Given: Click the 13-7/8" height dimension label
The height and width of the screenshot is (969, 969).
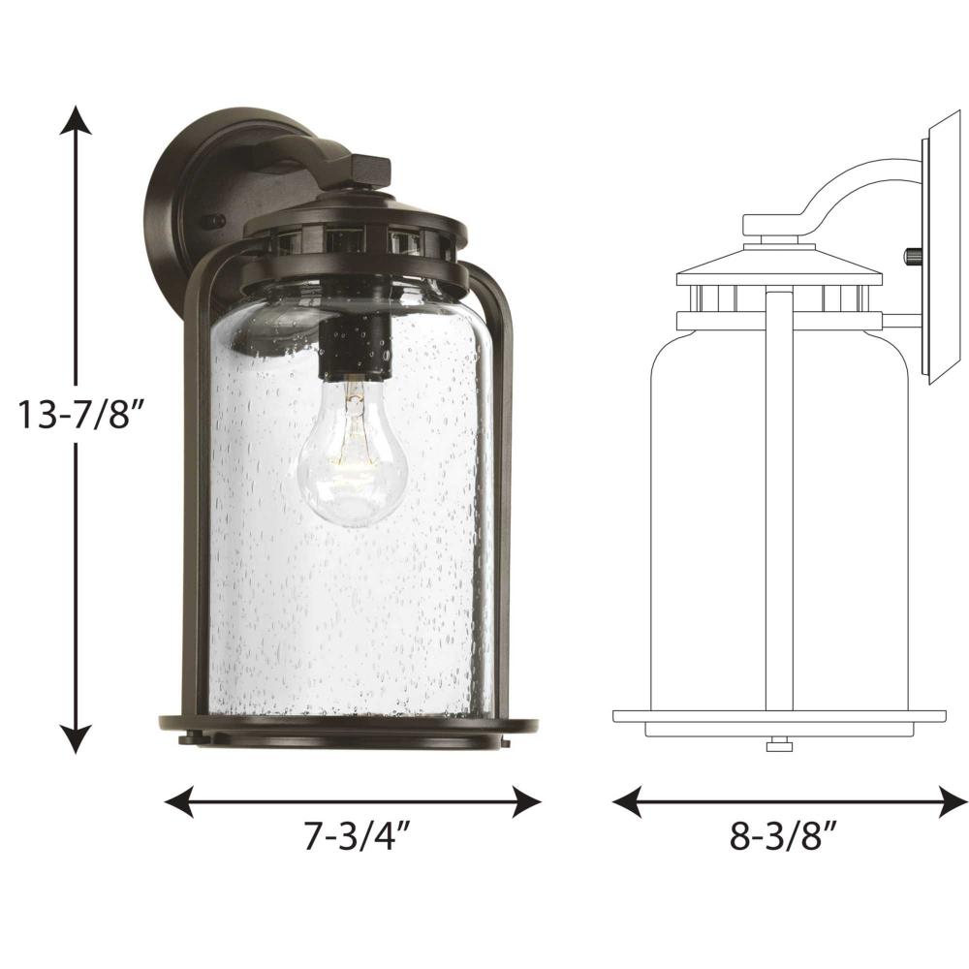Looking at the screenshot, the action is point(80,414).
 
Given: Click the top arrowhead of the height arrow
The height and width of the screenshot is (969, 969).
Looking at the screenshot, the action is point(76,119).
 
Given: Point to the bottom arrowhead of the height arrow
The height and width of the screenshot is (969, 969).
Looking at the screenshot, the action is point(76,739).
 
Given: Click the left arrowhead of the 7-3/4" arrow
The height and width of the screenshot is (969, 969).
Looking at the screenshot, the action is point(179,801).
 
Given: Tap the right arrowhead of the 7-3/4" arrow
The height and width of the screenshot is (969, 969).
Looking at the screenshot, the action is point(527,801).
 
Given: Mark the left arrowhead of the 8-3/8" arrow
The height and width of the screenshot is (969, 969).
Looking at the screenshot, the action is point(627,801).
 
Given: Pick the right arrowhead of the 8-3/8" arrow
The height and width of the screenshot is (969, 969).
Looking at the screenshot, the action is point(953,801).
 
